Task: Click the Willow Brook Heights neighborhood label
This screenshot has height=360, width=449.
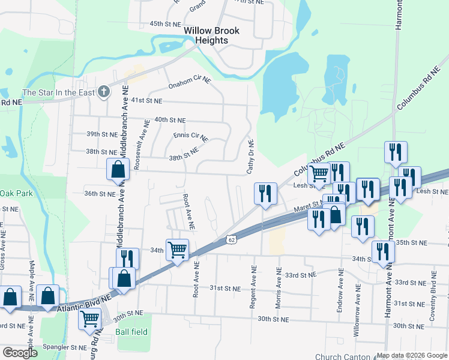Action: [211, 35]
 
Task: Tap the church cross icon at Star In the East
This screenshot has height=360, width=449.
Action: [104, 92]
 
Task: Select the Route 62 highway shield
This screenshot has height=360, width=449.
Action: [231, 239]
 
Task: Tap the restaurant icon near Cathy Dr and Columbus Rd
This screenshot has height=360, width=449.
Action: [265, 193]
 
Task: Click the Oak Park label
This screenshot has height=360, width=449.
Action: [16, 193]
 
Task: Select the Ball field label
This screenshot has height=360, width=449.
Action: [131, 332]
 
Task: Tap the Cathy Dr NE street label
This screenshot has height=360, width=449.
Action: [251, 157]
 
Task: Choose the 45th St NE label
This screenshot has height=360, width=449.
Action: [165, 23]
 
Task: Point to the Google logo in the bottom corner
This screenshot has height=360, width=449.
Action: [20, 353]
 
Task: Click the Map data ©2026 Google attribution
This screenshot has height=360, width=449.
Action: [411, 355]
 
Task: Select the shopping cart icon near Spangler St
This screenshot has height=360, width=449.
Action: [89, 319]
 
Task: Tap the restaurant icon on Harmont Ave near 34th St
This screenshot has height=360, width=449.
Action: [382, 252]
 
